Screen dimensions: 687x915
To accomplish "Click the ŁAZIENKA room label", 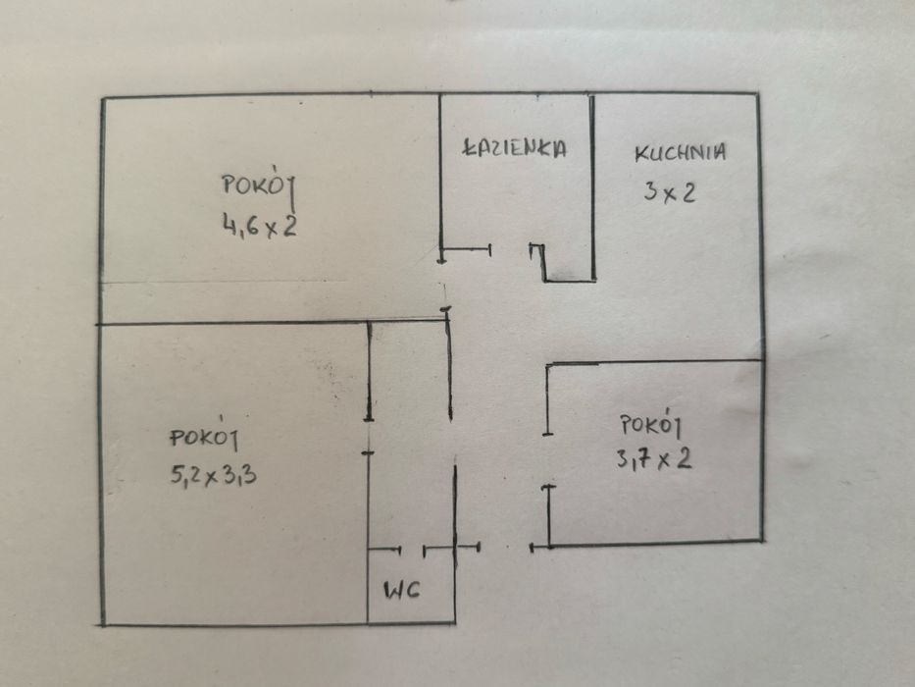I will pos(515,148).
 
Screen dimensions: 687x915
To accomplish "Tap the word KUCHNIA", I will pos(680,153).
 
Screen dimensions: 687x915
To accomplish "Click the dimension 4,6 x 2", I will pos(260,228).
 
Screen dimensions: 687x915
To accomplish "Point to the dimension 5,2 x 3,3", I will pos(214,476).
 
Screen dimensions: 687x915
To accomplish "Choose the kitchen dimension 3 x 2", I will pos(669,192).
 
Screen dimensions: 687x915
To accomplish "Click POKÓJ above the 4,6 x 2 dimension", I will pos(259,185).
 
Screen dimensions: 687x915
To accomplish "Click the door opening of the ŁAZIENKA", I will pos(510,251).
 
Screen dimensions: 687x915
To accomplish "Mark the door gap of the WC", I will pos(412,548).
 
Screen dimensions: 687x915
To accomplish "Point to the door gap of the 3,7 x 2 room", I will pos(547,459).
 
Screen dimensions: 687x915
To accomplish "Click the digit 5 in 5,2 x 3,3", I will pos(178,476).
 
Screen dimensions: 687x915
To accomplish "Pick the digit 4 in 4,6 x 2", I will pos(229,228).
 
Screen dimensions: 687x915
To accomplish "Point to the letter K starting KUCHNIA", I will pos(640,153).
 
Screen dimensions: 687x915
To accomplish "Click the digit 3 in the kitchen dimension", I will pos(649,192).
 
